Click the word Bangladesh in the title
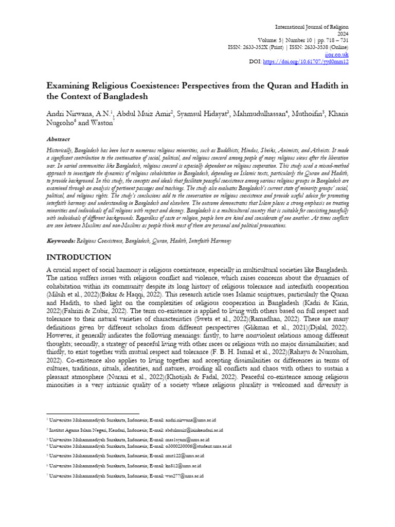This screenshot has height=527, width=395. (x=122, y=96)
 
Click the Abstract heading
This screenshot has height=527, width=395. (x=58, y=139)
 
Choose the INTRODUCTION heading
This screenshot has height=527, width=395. (x=78, y=257)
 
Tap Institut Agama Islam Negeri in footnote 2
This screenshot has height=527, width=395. (x=76, y=429)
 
